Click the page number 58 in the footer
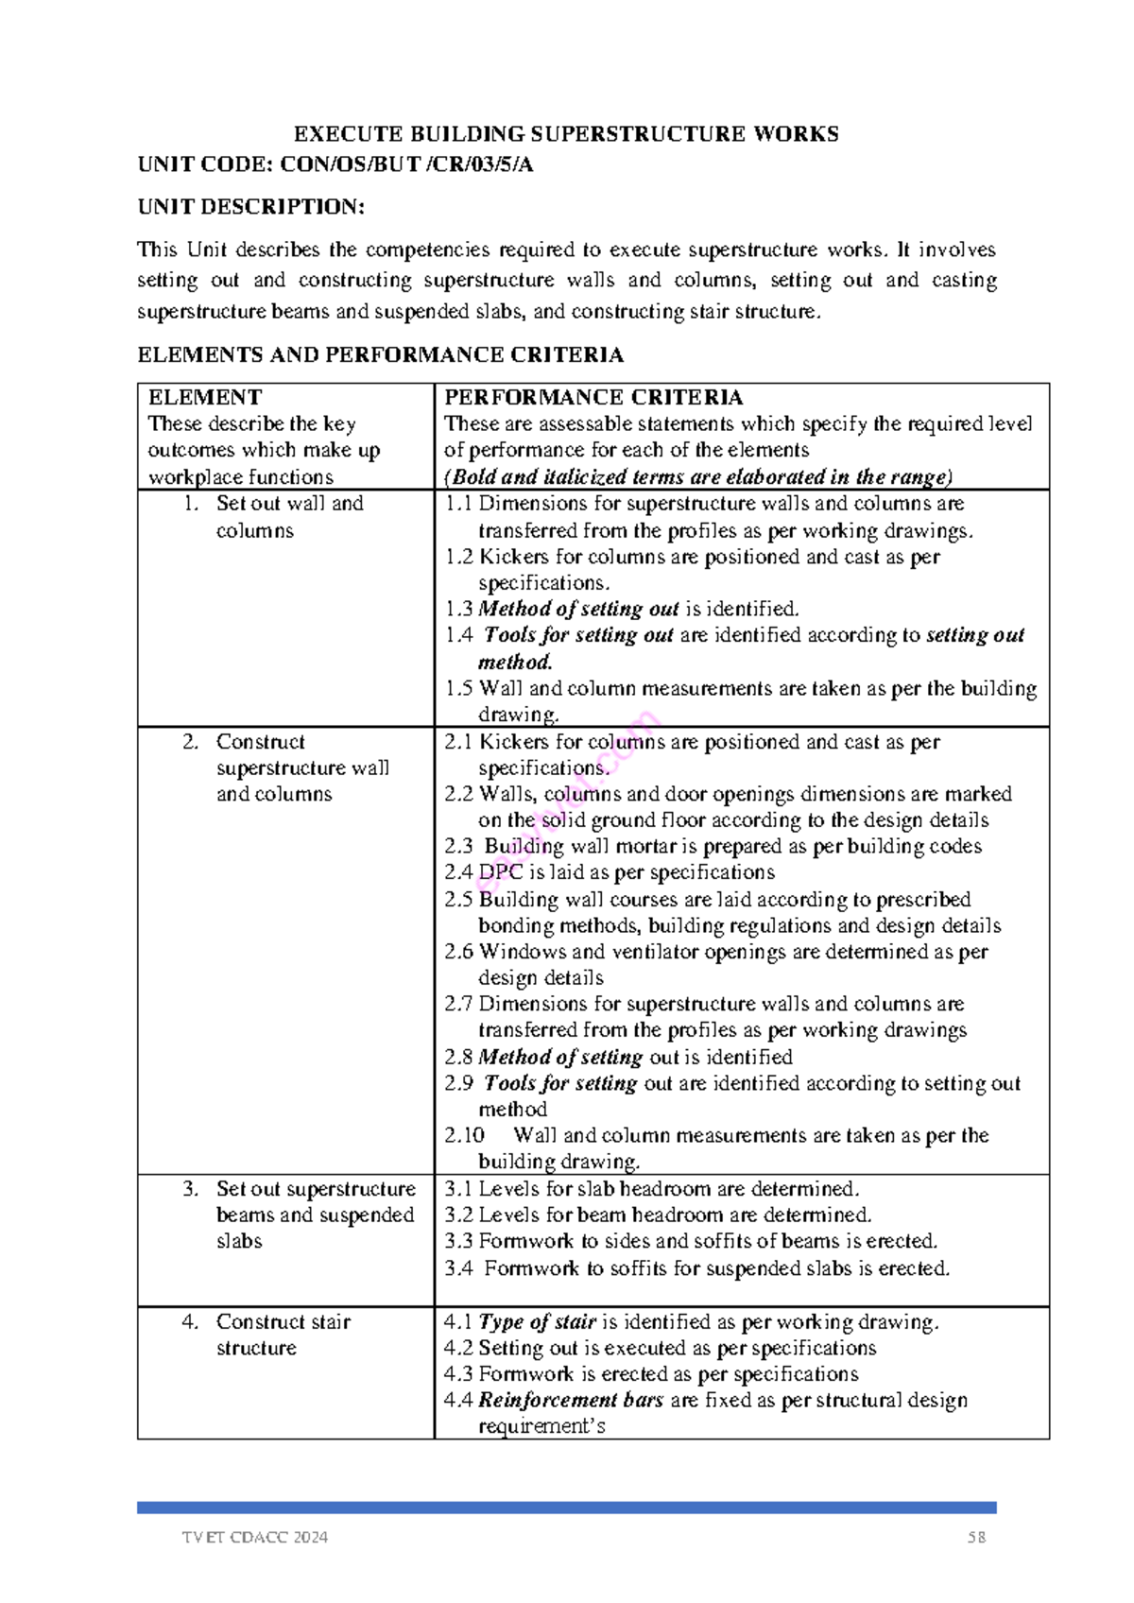pyautogui.click(x=976, y=1538)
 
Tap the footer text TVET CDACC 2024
pyautogui.click(x=255, y=1538)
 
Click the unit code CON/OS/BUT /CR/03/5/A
pyautogui.click(x=407, y=164)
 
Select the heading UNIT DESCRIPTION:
pyautogui.click(x=250, y=207)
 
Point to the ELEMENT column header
pyautogui.click(x=205, y=397)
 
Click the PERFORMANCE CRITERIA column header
pyautogui.click(x=593, y=397)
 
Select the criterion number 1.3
pyautogui.click(x=458, y=610)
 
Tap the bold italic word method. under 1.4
pyautogui.click(x=515, y=663)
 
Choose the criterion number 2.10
pyautogui.click(x=464, y=1135)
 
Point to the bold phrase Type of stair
pyautogui.click(x=537, y=1321)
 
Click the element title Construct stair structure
pyautogui.click(x=283, y=1335)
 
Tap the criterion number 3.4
pyautogui.click(x=458, y=1268)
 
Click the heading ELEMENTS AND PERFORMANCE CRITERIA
pyautogui.click(x=380, y=355)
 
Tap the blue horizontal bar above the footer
pyautogui.click(x=567, y=1508)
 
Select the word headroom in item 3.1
pyautogui.click(x=664, y=1189)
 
